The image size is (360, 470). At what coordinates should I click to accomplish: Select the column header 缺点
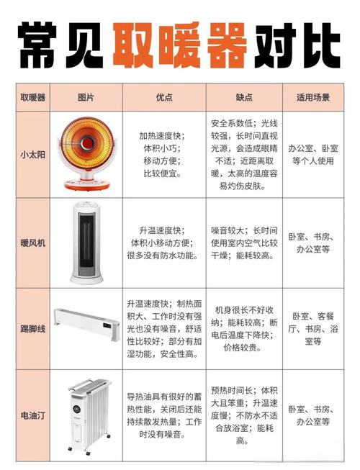[x=243, y=97]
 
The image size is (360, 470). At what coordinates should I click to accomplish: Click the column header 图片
[x=86, y=97]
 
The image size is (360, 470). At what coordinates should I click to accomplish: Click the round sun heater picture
[x=86, y=148]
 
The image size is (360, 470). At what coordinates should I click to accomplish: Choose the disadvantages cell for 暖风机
[x=243, y=243]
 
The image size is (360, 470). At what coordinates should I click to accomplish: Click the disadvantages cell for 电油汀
[x=243, y=415]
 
